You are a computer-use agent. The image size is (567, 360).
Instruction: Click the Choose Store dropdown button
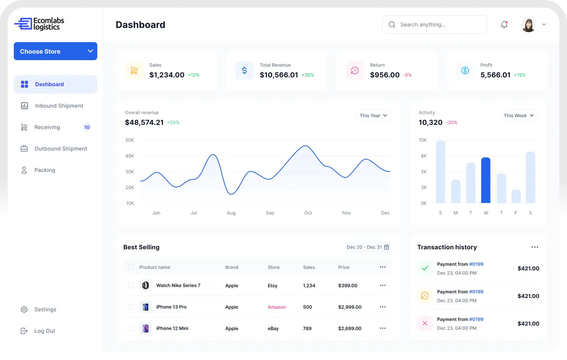point(56,51)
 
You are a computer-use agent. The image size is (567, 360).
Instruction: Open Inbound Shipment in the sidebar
point(59,106)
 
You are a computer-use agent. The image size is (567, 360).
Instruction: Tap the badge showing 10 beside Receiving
point(87,127)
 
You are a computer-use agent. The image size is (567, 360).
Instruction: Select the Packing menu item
point(44,170)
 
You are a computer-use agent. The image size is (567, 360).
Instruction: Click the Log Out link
point(44,331)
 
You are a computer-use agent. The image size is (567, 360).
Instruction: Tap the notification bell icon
point(504,25)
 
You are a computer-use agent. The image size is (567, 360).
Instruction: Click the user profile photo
point(529,25)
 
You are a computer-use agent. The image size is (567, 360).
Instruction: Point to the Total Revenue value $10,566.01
point(279,75)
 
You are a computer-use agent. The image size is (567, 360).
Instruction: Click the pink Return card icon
point(355,70)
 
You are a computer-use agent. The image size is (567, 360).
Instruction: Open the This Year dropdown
point(374,116)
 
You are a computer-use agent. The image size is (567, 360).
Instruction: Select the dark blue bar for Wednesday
point(486,180)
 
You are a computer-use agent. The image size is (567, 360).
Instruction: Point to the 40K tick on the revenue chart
point(130,156)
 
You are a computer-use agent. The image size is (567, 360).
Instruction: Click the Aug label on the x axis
point(231,213)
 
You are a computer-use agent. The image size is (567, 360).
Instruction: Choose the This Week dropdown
point(519,116)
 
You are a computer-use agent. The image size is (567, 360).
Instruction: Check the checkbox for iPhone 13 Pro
point(131,307)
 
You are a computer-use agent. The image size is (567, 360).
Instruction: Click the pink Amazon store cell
point(277,307)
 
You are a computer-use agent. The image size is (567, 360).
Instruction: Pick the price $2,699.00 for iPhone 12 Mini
point(350,329)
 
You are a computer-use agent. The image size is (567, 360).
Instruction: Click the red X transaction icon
point(425,323)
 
